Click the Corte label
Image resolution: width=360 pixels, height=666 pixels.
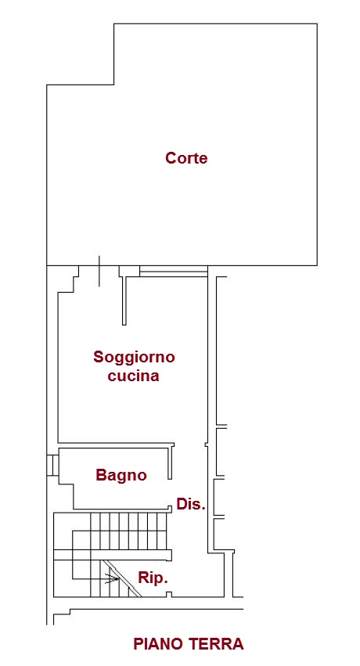[x=186, y=158]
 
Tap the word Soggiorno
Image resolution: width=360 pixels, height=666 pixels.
[x=134, y=358]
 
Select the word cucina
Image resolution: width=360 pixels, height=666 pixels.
[x=133, y=376]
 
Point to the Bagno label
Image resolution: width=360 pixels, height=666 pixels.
[x=121, y=475]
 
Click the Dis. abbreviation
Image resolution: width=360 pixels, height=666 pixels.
[x=191, y=504]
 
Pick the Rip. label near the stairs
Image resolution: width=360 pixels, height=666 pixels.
[x=153, y=578]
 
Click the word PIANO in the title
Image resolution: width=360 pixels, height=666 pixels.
[x=159, y=644]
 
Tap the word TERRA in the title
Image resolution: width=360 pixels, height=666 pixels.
[x=217, y=644]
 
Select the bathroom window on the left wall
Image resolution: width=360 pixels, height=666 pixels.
[x=52, y=465]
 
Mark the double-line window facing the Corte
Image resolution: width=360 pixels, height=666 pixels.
[x=174, y=272]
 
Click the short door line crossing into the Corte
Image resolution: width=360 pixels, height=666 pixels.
[x=99, y=272]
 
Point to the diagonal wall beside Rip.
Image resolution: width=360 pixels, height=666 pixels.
[x=123, y=578]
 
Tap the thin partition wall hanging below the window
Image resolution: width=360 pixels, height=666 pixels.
[x=124, y=301]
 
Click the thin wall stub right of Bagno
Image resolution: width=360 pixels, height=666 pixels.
[x=171, y=461]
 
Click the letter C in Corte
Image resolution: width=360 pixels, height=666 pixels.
[x=171, y=158]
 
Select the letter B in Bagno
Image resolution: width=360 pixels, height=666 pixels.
[x=101, y=474]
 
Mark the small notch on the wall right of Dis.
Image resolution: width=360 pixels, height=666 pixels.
[x=207, y=445]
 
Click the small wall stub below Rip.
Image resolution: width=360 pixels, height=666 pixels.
[x=169, y=594]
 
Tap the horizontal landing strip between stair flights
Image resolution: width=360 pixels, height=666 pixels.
[x=113, y=555]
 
